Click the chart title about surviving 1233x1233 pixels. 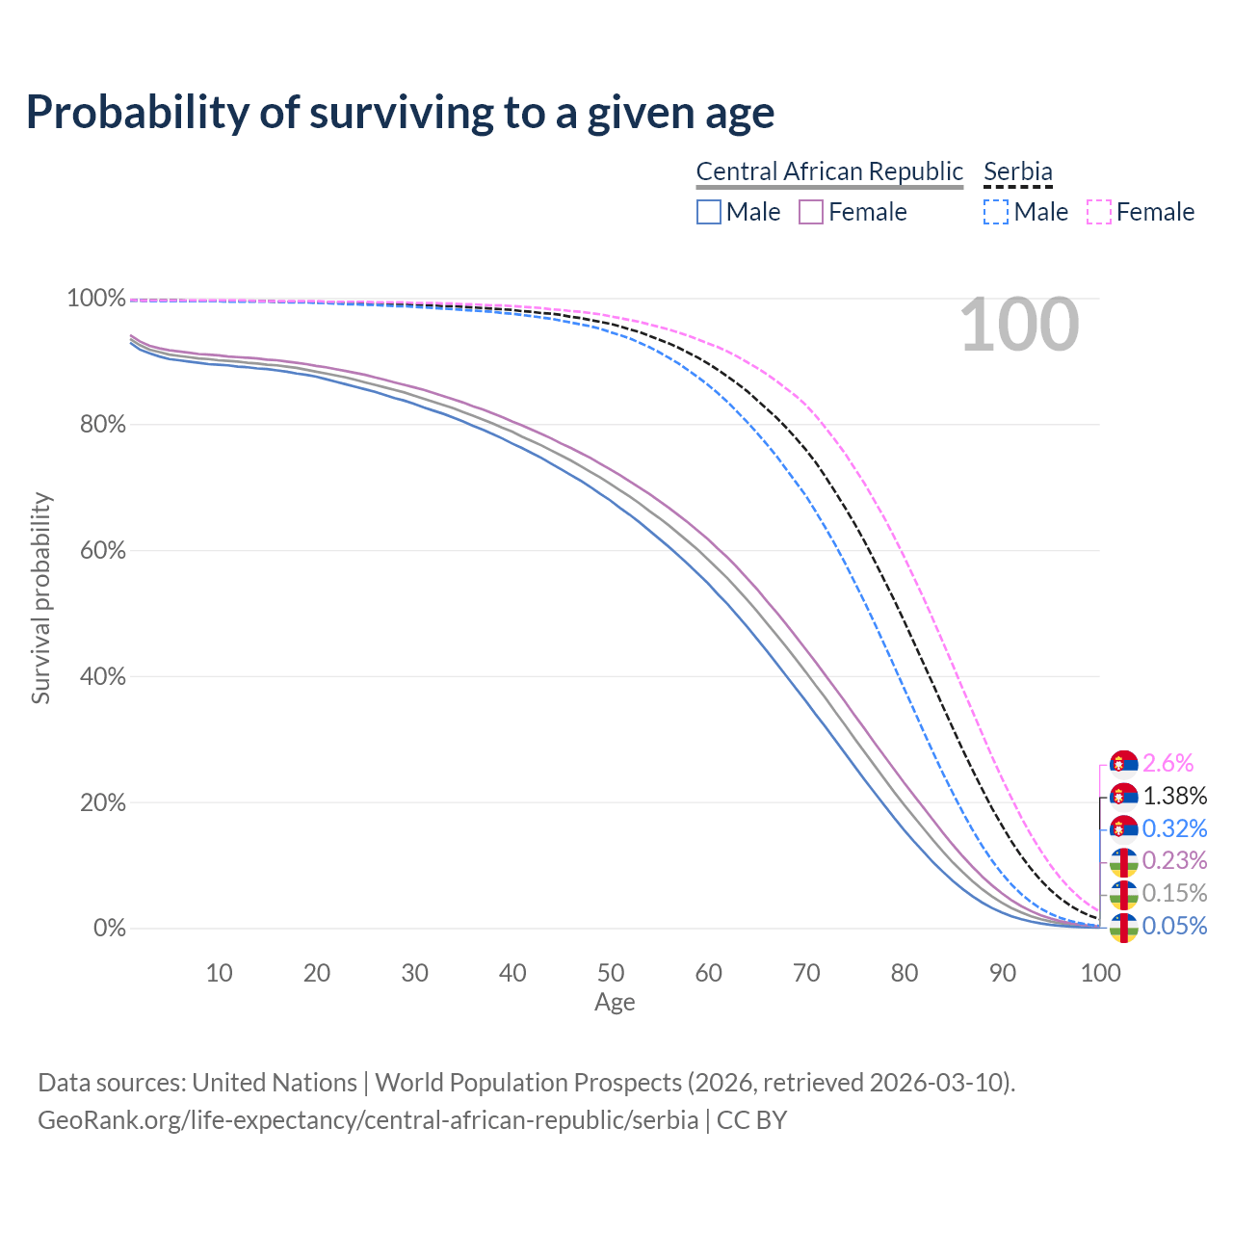[400, 113]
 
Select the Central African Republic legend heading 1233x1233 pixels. [829, 171]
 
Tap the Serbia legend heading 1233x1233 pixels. [1017, 171]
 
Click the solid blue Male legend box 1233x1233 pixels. [709, 212]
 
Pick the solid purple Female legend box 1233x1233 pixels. [811, 212]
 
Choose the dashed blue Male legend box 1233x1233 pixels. [996, 212]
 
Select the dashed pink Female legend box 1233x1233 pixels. [1099, 212]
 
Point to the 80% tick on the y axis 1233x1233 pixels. [102, 424]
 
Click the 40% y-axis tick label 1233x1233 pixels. [102, 676]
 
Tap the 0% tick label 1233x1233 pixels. [109, 929]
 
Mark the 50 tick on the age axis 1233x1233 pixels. [611, 973]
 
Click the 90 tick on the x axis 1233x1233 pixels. [1003, 973]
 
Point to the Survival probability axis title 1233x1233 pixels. [40, 598]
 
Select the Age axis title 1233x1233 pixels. [615, 1003]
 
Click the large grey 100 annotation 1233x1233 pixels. [1019, 325]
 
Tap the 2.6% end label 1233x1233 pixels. [1167, 764]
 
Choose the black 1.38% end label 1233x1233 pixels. [1174, 796]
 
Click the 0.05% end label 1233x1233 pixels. [1174, 926]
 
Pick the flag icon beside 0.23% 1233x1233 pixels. [1123, 860]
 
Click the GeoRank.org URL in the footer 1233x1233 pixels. [368, 1120]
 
